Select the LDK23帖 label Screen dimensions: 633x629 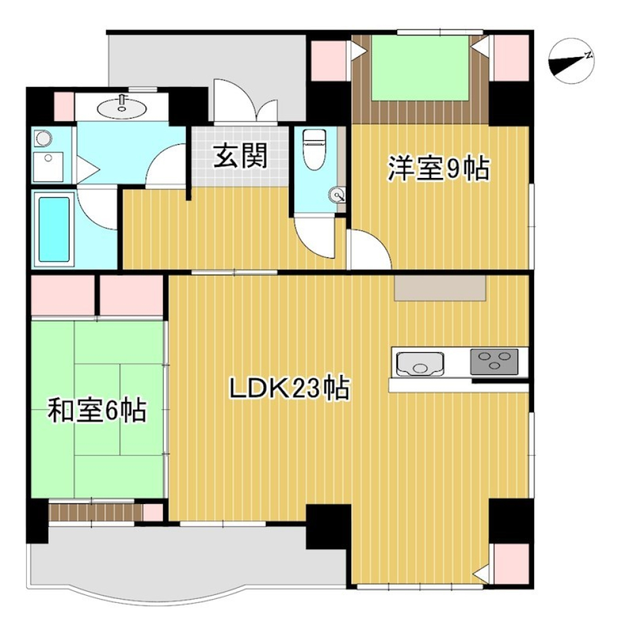(x=288, y=389)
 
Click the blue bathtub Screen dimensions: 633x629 (x=54, y=228)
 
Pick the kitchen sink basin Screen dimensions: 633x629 (x=420, y=362)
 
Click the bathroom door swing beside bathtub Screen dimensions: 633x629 (x=96, y=208)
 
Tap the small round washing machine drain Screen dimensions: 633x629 (x=43, y=139)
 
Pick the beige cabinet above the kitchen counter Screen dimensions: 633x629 (x=440, y=288)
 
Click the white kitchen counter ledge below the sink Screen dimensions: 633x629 (x=458, y=386)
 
